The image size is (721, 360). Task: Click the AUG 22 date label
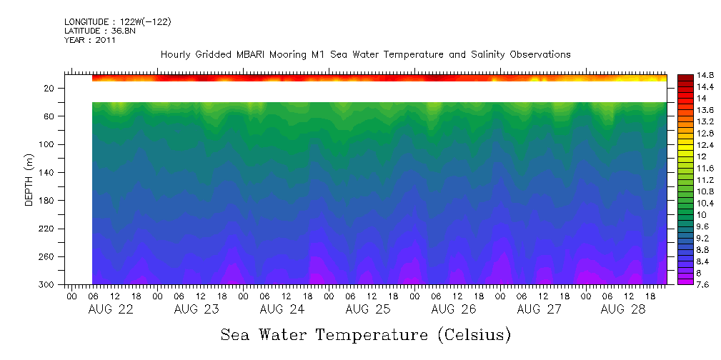pos(110,309)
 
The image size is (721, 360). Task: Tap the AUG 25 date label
pos(367,309)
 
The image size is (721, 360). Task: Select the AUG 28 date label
pos(623,309)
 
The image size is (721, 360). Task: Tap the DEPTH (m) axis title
pos(29,182)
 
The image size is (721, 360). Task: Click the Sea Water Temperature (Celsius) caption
pos(366,334)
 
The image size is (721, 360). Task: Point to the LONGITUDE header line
pos(118,22)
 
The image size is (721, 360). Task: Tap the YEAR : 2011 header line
pos(89,40)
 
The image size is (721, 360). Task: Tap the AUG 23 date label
pos(196,309)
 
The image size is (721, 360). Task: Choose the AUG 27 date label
pos(538,309)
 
